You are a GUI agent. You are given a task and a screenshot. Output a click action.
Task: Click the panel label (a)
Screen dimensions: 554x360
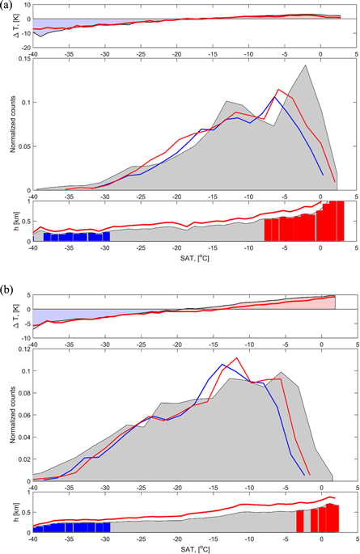point(7,6)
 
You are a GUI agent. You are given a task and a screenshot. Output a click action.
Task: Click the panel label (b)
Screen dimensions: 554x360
point(7,284)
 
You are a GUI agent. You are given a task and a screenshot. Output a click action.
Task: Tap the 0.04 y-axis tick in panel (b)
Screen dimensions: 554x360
point(21,433)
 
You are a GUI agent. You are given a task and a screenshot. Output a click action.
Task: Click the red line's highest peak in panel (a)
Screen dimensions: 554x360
point(279,89)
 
